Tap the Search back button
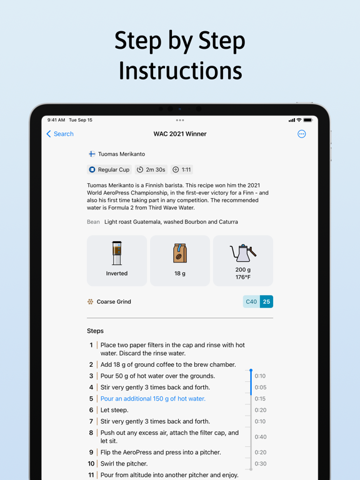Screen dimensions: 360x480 click(60, 134)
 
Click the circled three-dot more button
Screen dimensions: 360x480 click(301, 134)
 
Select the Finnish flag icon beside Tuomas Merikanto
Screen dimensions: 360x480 click(92, 154)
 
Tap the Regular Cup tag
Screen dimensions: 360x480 click(109, 169)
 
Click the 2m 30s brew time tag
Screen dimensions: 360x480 click(151, 169)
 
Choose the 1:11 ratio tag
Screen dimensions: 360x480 click(182, 169)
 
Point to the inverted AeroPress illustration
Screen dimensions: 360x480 click(117, 253)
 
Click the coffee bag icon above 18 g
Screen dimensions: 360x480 click(180, 253)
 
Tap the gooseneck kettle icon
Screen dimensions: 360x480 click(243, 253)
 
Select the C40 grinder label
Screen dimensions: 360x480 click(251, 301)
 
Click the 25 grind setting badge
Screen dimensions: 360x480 click(266, 301)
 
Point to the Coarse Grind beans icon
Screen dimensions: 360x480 click(90, 301)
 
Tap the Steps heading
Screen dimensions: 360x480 click(95, 331)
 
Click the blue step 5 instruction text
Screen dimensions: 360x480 click(153, 399)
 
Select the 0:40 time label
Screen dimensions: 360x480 click(261, 437)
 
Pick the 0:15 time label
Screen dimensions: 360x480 click(260, 399)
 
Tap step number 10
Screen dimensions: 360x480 click(91, 464)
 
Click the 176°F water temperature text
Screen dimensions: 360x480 click(243, 277)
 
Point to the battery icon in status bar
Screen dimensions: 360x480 click(308, 120)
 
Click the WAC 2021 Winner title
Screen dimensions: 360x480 click(180, 134)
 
